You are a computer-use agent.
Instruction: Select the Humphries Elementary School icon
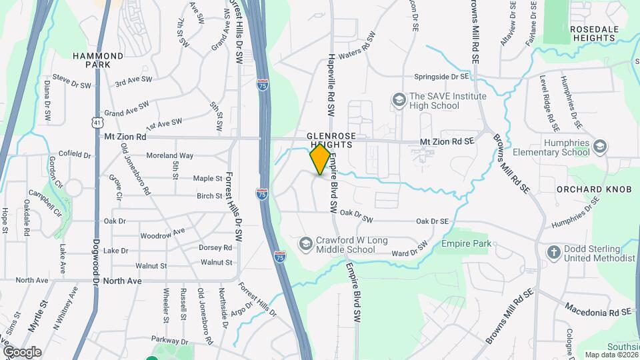[599, 147]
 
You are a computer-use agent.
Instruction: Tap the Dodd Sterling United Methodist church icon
[553, 252]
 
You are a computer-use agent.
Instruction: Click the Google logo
[21, 351]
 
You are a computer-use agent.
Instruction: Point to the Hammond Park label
[98, 61]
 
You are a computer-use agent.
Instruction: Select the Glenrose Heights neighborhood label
[329, 139]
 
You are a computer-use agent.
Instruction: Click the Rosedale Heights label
[593, 33]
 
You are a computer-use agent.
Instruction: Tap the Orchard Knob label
[594, 189]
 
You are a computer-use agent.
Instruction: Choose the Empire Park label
[466, 244]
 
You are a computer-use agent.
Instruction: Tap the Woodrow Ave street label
[162, 235]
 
